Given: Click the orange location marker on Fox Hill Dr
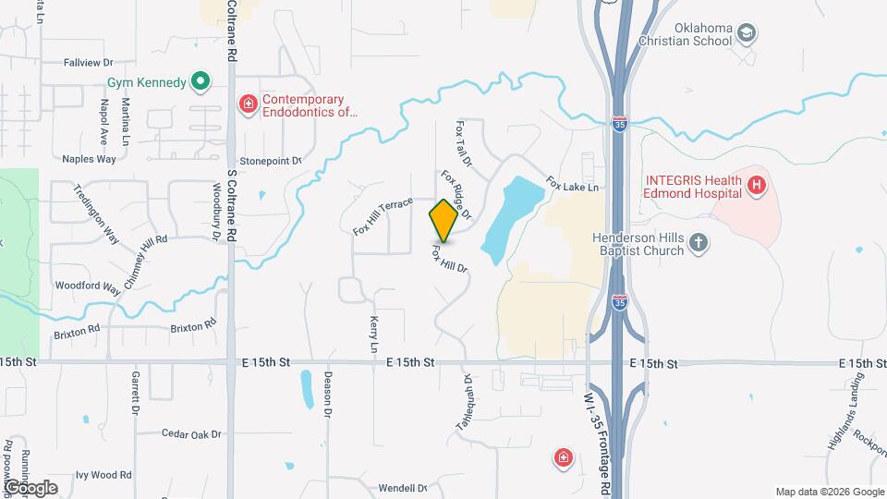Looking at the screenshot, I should (x=443, y=220).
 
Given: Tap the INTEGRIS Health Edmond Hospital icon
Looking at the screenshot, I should (x=757, y=187).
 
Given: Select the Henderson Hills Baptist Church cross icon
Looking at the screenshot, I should (x=699, y=244).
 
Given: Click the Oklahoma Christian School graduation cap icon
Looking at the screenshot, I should (x=746, y=35).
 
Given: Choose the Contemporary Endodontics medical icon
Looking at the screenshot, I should (x=248, y=104).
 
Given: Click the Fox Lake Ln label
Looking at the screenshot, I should (x=572, y=185).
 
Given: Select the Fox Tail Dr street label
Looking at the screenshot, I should (x=463, y=144).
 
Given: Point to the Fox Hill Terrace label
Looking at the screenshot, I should (x=382, y=216).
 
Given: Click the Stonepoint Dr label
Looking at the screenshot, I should (x=271, y=161).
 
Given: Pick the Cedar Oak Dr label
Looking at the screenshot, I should (x=191, y=434).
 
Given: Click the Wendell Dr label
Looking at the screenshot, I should (x=402, y=487).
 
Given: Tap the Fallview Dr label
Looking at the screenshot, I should (x=88, y=63).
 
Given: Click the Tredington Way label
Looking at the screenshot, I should (x=96, y=213).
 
